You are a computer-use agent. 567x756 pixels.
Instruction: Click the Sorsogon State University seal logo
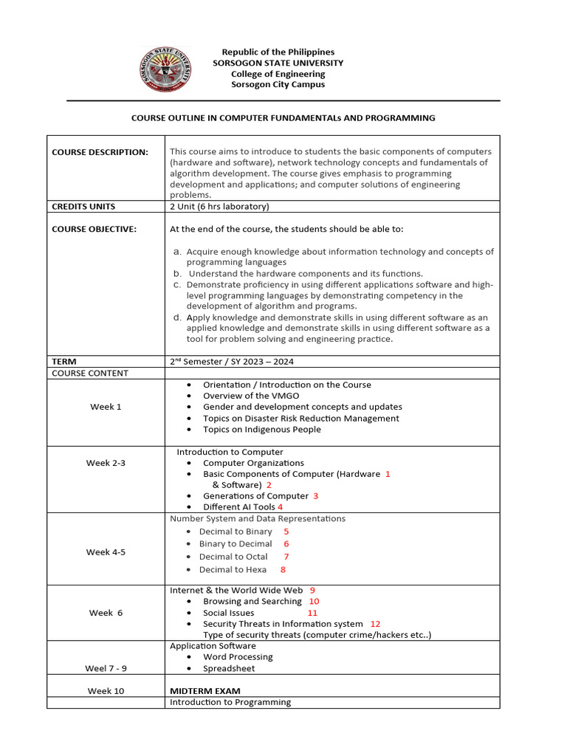[165, 69]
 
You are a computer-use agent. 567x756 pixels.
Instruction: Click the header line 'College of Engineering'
[278, 74]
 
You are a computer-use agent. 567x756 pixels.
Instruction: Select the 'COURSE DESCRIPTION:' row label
[100, 152]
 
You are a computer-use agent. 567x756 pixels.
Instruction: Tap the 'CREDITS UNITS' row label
[83, 207]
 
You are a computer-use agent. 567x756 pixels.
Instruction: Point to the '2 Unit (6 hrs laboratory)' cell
[219, 207]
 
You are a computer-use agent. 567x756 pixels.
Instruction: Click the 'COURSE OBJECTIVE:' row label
[94, 230]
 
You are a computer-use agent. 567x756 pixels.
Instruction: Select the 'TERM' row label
[64, 362]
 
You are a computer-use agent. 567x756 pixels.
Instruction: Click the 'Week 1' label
[106, 408]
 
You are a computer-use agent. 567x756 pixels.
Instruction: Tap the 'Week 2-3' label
[106, 463]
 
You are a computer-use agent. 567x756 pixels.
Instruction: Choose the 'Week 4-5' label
[106, 552]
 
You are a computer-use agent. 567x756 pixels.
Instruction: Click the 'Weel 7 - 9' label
[106, 669]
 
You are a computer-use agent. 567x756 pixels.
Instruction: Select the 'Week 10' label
[106, 691]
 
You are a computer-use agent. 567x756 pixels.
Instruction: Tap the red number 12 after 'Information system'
[375, 624]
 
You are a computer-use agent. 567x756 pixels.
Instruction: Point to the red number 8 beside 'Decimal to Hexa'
[283, 570]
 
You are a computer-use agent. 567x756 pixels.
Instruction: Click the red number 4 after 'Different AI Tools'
[280, 507]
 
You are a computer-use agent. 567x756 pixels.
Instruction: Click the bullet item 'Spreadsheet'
[229, 669]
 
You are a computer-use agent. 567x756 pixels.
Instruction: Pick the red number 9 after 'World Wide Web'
[312, 590]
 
